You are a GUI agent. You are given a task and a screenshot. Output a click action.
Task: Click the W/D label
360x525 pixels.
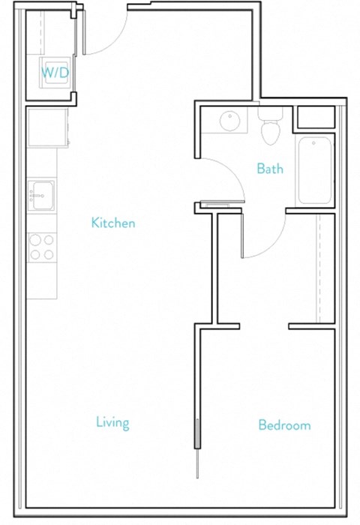click(x=55, y=73)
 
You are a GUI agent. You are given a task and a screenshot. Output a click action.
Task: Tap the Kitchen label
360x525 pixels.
click(x=113, y=223)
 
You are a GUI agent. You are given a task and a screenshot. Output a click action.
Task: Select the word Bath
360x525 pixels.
click(x=270, y=169)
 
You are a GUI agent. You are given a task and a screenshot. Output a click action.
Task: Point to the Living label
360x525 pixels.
click(x=112, y=423)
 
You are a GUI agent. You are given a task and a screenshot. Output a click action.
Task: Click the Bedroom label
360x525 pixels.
click(x=284, y=425)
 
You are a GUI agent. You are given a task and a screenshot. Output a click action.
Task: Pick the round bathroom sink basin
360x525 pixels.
click(x=229, y=121)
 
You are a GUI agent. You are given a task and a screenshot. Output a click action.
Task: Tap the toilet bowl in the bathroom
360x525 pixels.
click(x=270, y=133)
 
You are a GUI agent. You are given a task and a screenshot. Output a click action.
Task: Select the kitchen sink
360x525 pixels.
click(x=41, y=194)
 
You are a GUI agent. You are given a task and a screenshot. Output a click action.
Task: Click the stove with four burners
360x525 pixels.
click(x=42, y=247)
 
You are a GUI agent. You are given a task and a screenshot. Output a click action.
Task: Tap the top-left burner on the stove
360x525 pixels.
click(x=34, y=240)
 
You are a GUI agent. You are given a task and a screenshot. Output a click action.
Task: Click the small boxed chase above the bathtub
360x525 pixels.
click(x=315, y=118)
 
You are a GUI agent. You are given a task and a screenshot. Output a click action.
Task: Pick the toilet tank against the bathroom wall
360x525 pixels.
click(x=269, y=115)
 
